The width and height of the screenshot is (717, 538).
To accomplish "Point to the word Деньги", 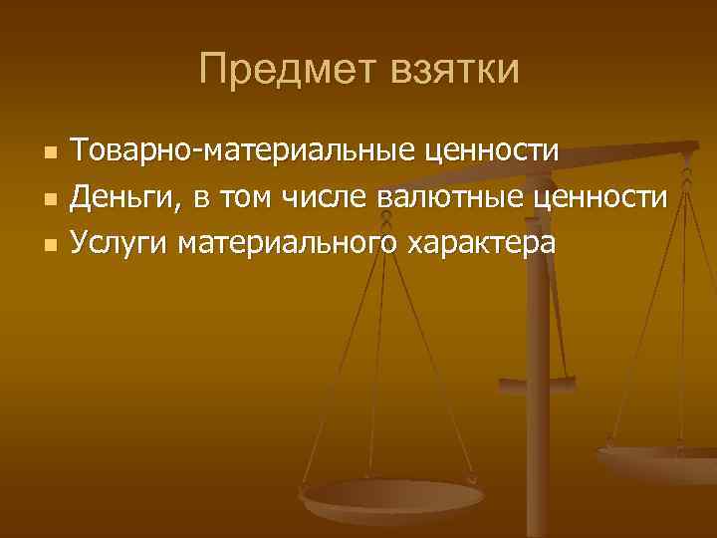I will coord(126,197).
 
